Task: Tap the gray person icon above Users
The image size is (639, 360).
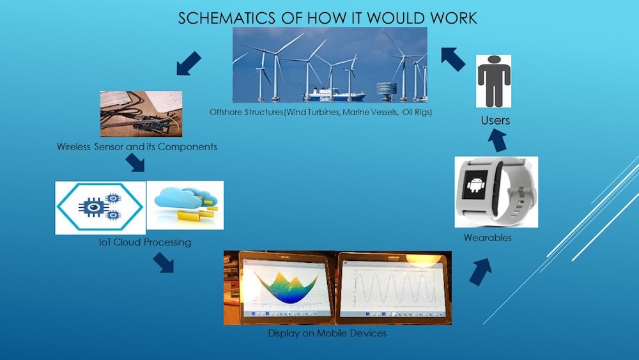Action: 493,81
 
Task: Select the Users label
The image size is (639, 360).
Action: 495,120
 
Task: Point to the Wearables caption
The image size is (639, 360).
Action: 488,238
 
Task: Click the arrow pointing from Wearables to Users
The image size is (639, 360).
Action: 497,141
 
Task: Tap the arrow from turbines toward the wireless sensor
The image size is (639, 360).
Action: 189,63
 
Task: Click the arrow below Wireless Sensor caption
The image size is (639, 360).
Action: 135,162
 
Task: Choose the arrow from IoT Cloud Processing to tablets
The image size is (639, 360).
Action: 164,263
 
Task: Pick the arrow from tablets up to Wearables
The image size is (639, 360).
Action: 481,272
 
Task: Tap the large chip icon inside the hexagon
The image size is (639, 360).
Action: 94,208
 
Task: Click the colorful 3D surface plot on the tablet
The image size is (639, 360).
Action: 286,287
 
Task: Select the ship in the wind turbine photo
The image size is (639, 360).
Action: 334,95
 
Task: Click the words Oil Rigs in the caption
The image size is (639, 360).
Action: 417,112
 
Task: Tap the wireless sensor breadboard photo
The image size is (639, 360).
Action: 141,114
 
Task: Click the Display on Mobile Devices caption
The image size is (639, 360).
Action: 327,334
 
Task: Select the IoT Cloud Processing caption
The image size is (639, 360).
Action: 145,242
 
